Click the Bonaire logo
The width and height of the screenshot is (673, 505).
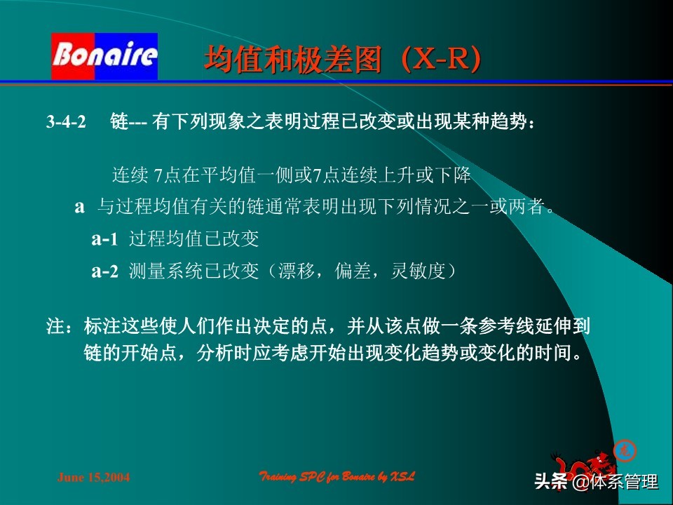104,56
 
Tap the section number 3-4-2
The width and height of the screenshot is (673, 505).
66,123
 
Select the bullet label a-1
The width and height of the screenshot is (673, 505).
105,239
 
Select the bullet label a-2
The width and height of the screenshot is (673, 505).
105,272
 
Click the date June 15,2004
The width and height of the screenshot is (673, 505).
93,478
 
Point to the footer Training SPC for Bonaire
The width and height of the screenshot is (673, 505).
337,477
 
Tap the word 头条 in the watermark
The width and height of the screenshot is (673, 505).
551,483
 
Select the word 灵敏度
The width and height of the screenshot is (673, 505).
416,272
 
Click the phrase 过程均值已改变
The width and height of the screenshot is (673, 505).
194,239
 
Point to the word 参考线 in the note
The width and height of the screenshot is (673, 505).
502,325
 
